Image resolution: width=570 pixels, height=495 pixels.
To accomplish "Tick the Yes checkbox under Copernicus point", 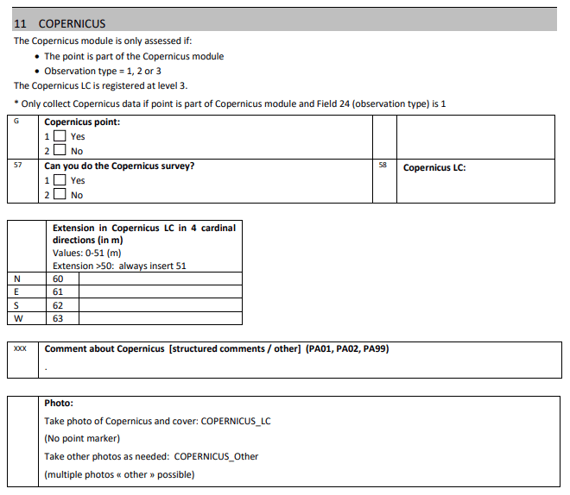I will click(x=60, y=136).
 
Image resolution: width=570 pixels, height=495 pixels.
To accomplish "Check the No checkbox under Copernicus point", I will click(x=60, y=151).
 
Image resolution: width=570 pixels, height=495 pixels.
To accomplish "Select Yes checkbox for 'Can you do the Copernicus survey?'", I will click(x=60, y=180).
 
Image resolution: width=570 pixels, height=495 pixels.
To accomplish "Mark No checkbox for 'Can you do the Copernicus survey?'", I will click(x=60, y=195).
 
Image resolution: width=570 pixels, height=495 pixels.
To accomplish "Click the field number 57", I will click(x=18, y=165).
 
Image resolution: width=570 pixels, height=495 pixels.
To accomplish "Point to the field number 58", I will click(x=383, y=165).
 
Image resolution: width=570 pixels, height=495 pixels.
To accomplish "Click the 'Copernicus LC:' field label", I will click(x=434, y=167).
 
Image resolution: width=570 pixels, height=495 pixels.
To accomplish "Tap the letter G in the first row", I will click(x=17, y=122).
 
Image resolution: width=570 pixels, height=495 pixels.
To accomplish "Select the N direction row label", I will click(x=18, y=279).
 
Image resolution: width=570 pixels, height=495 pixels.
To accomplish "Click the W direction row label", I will click(x=18, y=318).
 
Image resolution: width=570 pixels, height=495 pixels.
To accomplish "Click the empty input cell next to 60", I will click(x=161, y=279).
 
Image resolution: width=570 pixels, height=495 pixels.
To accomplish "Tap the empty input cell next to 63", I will click(x=161, y=318).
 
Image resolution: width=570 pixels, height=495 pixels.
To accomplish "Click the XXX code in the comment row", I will click(x=21, y=349).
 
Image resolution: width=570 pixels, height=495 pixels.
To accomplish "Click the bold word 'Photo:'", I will click(x=59, y=403).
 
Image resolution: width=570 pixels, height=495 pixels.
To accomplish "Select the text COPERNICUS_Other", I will click(x=216, y=456).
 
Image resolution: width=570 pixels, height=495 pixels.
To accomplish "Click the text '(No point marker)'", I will click(x=82, y=438).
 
